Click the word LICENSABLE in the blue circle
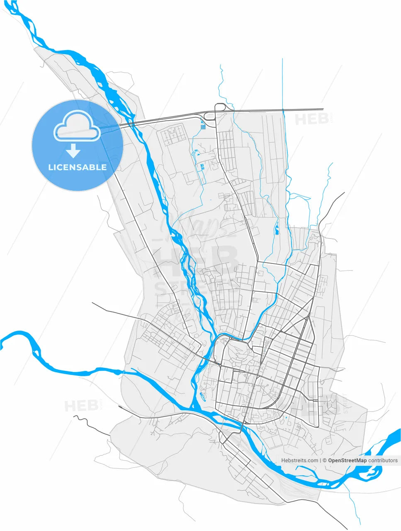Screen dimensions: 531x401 coord(78,167)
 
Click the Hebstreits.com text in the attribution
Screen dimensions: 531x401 coord(300,460)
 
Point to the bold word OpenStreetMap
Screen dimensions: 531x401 coord(347,460)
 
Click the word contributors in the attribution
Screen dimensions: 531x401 coord(383,460)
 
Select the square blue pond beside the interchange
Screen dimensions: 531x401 coord(203,127)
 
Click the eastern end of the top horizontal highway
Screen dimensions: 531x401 coord(322,109)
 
